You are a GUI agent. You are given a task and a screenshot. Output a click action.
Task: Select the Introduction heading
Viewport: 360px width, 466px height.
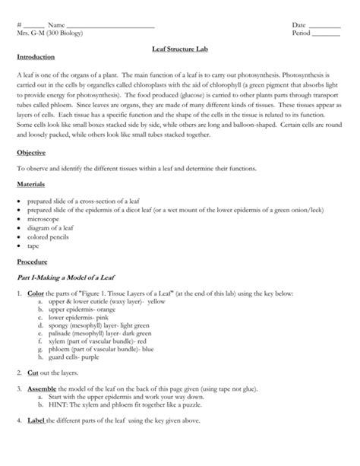click(37, 59)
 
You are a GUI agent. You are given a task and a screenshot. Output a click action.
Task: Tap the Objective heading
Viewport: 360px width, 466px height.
click(33, 152)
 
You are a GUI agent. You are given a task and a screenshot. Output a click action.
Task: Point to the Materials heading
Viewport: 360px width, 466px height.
click(33, 184)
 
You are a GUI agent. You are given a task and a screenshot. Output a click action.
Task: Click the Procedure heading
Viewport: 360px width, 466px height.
click(34, 261)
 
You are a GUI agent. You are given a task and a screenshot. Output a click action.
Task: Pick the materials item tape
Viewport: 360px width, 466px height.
click(35, 246)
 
